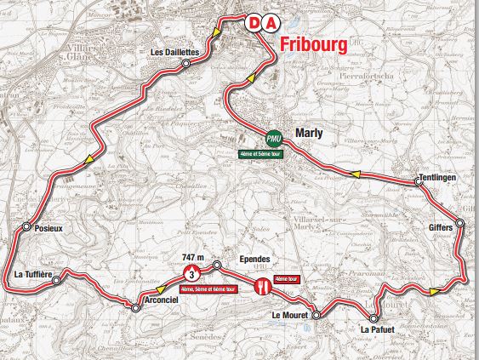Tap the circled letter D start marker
[x=254, y=24]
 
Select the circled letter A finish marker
[x=270, y=24]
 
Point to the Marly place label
[x=305, y=134]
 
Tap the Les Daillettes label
[x=174, y=53]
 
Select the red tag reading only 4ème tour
[x=288, y=278]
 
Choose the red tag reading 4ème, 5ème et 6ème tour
[x=212, y=289]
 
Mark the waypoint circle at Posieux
[x=28, y=227]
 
